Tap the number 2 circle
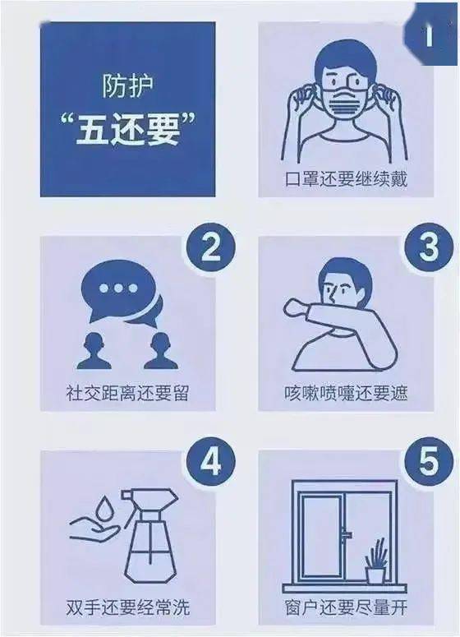tap(212, 248)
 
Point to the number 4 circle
tap(212, 464)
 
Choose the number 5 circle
tap(427, 464)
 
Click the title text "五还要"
tap(127, 131)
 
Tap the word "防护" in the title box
tap(127, 85)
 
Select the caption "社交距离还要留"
tap(127, 392)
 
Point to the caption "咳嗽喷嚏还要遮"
tap(343, 392)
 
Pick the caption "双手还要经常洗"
tap(127, 609)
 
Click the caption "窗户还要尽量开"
tap(343, 609)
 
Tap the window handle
tap(345, 535)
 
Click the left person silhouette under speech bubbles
tap(94, 351)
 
